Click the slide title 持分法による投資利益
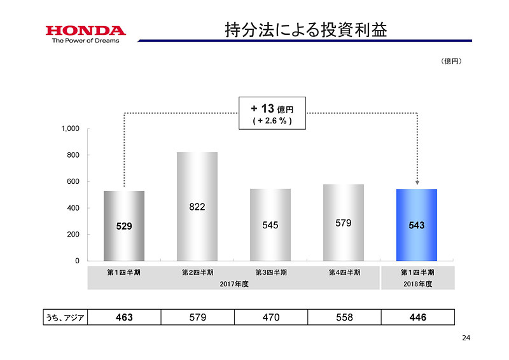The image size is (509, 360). click(306, 30)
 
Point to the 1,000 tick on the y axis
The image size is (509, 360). click(70, 128)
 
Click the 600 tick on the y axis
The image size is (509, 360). click(73, 182)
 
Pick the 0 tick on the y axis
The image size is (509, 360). click(77, 261)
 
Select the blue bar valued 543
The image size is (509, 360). click(417, 225)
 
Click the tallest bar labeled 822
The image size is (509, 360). click(197, 206)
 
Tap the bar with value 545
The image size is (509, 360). click(270, 225)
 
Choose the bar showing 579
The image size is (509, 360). click(344, 223)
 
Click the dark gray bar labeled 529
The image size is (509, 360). click(124, 225)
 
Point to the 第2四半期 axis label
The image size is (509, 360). click(197, 272)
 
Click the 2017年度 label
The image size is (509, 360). click(234, 284)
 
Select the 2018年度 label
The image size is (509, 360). click(417, 284)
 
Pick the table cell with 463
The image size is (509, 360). click(124, 317)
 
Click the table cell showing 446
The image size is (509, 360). click(417, 317)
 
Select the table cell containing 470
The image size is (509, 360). click(270, 317)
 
